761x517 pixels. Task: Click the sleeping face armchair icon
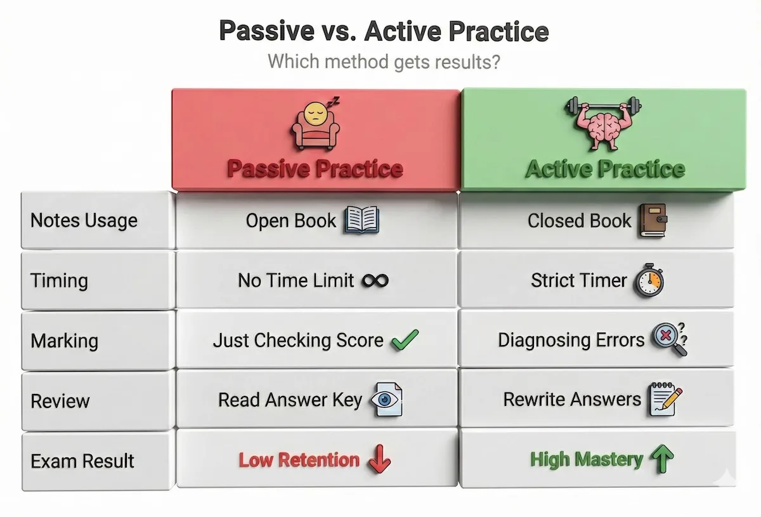click(315, 125)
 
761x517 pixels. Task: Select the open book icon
click(361, 221)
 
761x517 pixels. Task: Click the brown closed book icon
click(653, 220)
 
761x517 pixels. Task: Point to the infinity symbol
click(375, 280)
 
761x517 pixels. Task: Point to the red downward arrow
click(379, 460)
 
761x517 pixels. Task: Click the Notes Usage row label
click(84, 221)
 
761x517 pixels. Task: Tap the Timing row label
click(59, 280)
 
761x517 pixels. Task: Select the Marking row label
click(64, 341)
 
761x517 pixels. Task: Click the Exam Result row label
click(82, 461)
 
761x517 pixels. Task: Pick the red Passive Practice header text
click(315, 169)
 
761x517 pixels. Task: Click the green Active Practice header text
click(604, 169)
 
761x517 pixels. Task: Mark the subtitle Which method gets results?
click(384, 62)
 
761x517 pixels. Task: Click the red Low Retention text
click(299, 460)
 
